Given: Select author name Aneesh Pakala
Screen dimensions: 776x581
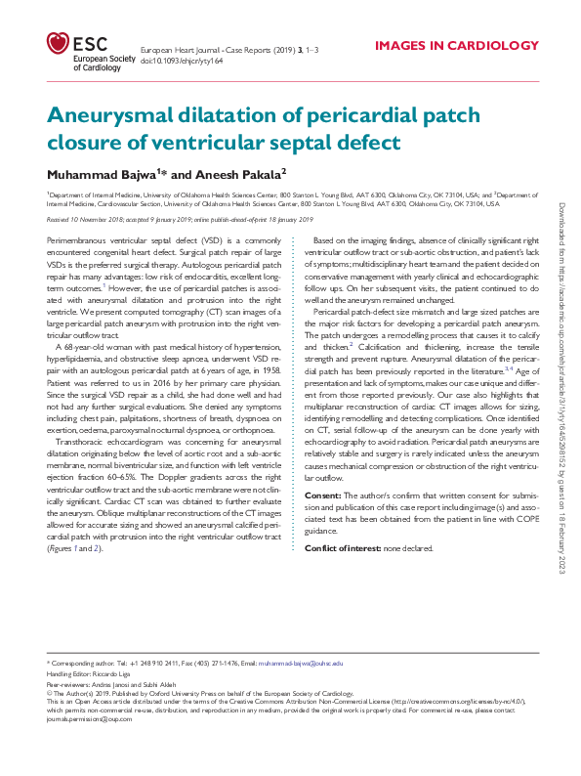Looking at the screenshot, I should pos(243,173).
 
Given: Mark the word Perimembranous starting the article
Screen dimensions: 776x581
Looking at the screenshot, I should pos(76,239).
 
